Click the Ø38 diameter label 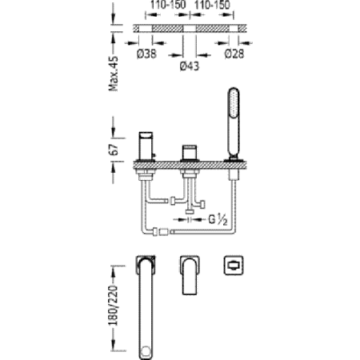146,54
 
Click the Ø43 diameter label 190,66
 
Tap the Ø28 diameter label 234,54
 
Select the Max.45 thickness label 114,74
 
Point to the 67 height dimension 114,150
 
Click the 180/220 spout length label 114,306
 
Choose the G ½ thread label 218,220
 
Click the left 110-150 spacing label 168,5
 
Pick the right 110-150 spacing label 212,5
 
